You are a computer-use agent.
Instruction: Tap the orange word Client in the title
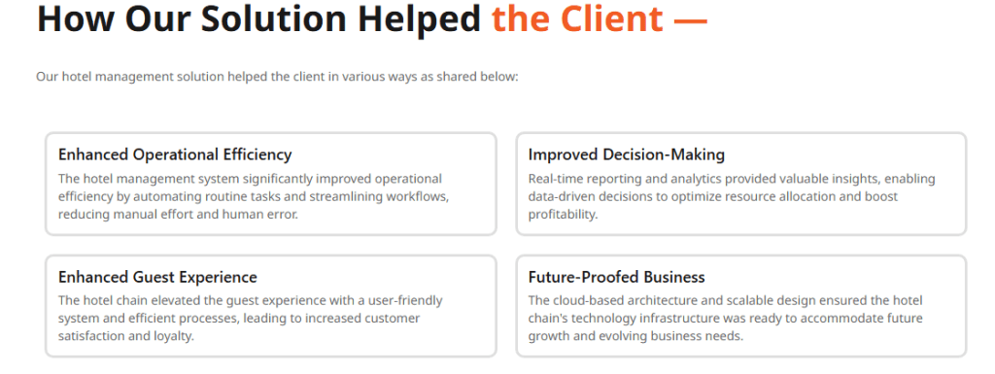610,19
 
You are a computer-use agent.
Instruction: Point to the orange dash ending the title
690,19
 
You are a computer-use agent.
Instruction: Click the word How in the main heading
71,19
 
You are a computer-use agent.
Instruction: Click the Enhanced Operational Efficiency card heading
175,154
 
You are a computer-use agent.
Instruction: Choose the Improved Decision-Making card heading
627,154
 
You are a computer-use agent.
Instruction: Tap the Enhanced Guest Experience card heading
157,277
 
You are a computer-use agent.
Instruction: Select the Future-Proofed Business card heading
617,277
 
